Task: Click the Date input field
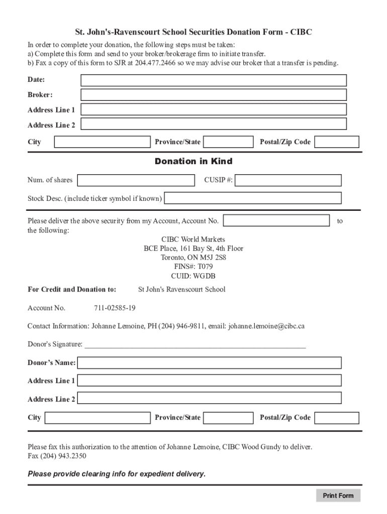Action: (x=214, y=80)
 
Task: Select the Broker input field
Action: (x=214, y=95)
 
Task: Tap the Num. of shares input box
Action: (x=136, y=180)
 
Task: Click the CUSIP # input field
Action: (x=288, y=180)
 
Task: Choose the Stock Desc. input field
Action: (x=253, y=198)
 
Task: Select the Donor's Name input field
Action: (x=209, y=363)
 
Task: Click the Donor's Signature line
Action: (x=195, y=344)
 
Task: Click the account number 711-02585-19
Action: (x=115, y=308)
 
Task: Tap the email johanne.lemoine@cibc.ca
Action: (x=266, y=326)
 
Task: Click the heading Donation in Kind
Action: (x=193, y=161)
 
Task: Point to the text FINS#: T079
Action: (x=193, y=267)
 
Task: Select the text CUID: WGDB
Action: (x=193, y=276)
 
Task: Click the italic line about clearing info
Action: (x=117, y=474)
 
